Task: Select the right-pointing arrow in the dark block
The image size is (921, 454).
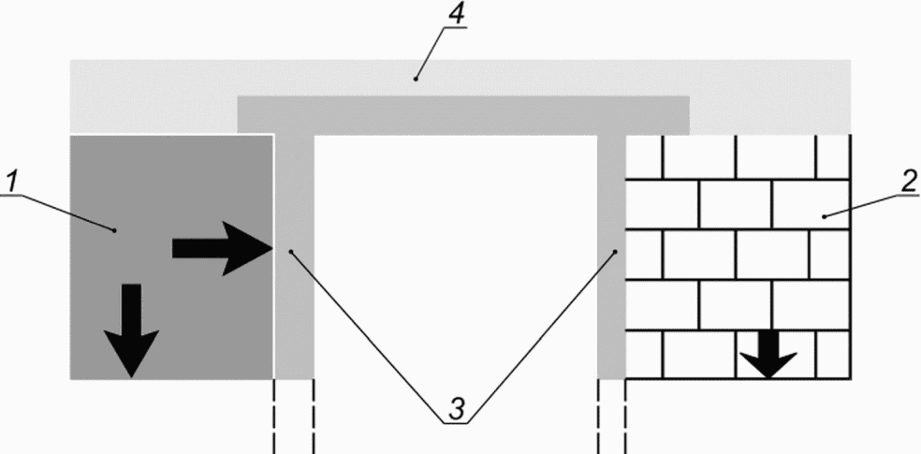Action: pyautogui.click(x=221, y=248)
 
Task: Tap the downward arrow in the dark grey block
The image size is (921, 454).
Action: pyautogui.click(x=131, y=330)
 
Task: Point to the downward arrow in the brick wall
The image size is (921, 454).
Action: pyautogui.click(x=767, y=355)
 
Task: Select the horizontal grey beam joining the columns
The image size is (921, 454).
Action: pyautogui.click(x=463, y=114)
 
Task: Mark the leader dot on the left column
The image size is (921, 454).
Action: pyautogui.click(x=292, y=251)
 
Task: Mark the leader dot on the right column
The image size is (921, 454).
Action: pyautogui.click(x=616, y=251)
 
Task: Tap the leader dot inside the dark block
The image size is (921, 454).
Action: pyautogui.click(x=114, y=227)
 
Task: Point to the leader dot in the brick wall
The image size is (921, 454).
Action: pyautogui.click(x=825, y=217)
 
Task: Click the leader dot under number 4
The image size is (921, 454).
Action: pyautogui.click(x=414, y=81)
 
